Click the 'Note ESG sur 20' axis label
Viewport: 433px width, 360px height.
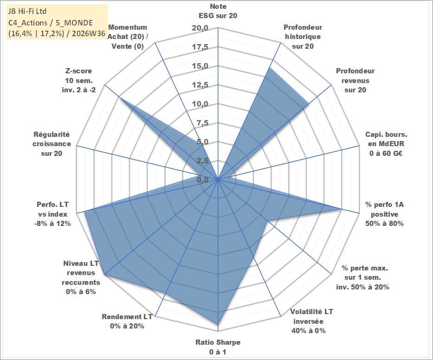tap(218, 11)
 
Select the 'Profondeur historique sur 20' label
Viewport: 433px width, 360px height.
tap(303, 37)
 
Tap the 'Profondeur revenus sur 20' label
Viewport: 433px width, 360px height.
tap(355, 80)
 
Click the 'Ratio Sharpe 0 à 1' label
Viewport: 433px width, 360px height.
tap(218, 347)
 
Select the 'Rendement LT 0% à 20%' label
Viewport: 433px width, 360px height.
tap(127, 321)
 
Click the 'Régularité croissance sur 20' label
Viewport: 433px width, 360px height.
tap(52, 144)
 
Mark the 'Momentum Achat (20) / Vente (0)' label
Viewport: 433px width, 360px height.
tap(128, 37)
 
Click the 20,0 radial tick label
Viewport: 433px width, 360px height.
tap(200, 28)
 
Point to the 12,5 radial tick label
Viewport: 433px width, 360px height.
tap(200, 85)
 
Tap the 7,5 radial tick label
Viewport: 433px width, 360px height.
tap(202, 123)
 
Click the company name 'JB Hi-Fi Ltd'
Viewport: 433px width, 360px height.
tap(27, 11)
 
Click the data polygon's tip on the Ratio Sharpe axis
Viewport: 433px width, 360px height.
tap(218, 324)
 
